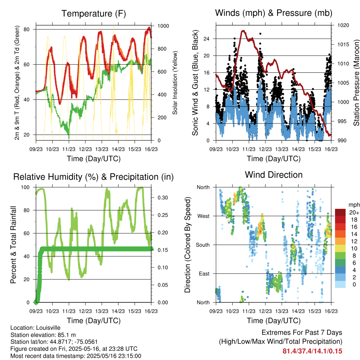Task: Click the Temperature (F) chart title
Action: pos(94,14)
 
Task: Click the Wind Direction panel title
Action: pos(274,175)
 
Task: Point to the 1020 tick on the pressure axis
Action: pos(343,25)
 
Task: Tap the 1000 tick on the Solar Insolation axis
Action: pos(163,26)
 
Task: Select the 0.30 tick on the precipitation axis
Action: pos(163,198)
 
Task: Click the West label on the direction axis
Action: pos(204,216)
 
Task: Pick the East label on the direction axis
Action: pos(204,274)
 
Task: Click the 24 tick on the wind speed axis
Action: pos(206,39)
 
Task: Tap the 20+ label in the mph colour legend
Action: pos(354,212)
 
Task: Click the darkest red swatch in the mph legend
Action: pos(340,212)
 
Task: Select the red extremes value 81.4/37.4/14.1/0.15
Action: pos(312,351)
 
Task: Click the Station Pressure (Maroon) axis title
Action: pos(356,83)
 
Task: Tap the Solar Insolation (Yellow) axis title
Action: pos(175,83)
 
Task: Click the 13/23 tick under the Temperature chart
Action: pos(102,149)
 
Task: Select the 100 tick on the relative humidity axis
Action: pos(25,187)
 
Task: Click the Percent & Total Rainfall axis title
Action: pos(13,245)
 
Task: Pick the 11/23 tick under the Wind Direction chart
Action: pos(249,311)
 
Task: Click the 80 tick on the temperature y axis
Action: pos(27,30)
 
